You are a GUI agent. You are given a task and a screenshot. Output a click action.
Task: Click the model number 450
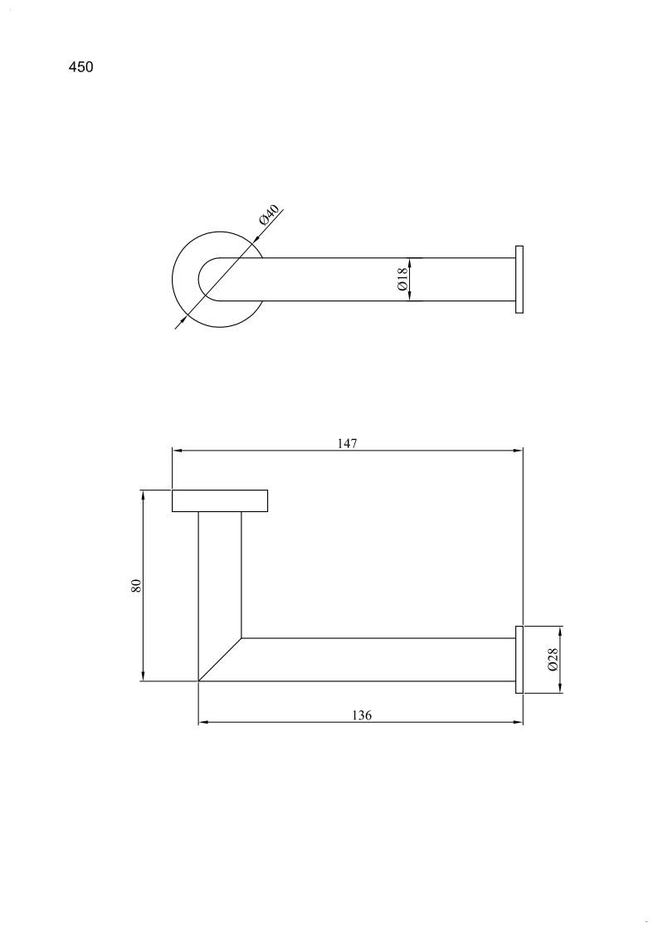(80, 67)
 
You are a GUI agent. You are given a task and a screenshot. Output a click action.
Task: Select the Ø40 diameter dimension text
(269, 214)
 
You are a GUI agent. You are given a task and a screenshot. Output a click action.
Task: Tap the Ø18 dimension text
(402, 280)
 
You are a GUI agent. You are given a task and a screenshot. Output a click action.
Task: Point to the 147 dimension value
(347, 443)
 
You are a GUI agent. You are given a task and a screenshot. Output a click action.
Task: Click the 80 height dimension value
(137, 585)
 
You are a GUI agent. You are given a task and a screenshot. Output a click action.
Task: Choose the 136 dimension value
(362, 715)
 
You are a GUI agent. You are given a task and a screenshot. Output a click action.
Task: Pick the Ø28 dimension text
(552, 660)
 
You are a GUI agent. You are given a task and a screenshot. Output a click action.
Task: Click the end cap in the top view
(519, 280)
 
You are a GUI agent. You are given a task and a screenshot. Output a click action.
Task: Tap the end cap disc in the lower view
(519, 660)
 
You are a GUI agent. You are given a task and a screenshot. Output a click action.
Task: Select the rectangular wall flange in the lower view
(220, 500)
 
